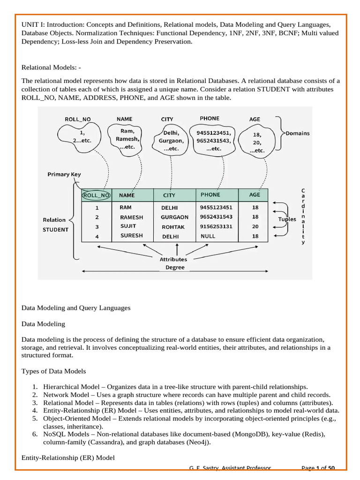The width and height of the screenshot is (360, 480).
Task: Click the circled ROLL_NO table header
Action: tap(96, 195)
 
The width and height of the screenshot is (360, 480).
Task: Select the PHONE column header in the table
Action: tap(210, 195)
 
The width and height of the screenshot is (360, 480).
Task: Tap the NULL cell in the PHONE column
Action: tap(208, 236)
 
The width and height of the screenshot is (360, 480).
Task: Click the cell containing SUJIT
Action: tap(128, 226)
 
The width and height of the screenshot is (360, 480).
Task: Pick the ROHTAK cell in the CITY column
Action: tap(173, 227)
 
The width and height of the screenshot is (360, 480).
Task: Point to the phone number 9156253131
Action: tap(216, 226)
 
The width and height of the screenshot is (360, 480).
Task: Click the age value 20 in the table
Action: tap(255, 226)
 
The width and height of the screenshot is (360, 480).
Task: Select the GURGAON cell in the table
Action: tap(175, 217)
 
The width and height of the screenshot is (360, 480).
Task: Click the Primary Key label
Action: tap(64, 174)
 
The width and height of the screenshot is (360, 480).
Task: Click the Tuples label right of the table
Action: tap(287, 219)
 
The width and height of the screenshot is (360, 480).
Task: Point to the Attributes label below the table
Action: tap(173, 259)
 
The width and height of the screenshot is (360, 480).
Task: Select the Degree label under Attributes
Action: tap(175, 268)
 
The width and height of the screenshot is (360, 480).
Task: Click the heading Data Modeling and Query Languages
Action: tap(76, 308)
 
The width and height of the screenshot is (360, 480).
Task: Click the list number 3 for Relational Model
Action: tap(35, 403)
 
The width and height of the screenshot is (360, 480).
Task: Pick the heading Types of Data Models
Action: tap(54, 371)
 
